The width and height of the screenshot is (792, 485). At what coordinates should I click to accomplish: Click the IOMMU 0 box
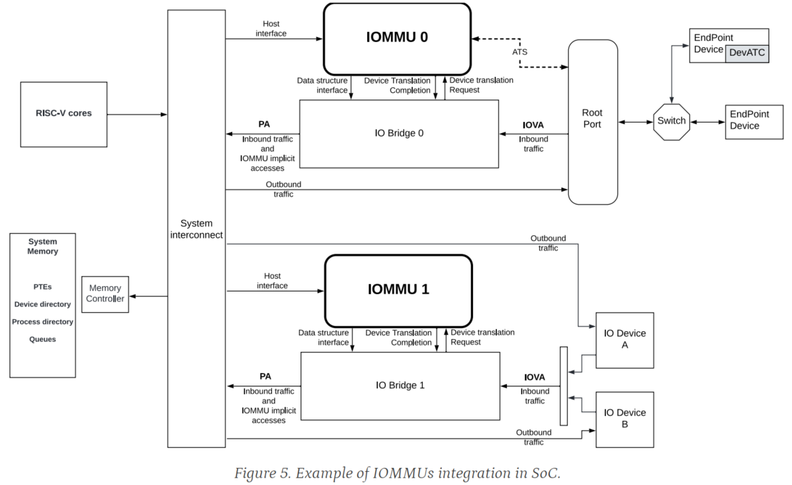click(397, 37)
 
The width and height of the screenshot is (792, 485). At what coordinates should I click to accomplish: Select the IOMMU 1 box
click(398, 290)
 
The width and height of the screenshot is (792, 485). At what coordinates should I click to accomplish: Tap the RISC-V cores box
click(64, 114)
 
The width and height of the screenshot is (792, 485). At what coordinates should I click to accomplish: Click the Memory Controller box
click(105, 294)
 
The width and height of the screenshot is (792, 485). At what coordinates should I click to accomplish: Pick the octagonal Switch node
click(671, 121)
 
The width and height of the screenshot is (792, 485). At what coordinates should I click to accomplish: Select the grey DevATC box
click(746, 53)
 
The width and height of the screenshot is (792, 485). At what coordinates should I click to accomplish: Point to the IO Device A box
click(624, 340)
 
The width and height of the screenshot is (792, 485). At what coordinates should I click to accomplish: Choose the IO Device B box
click(624, 419)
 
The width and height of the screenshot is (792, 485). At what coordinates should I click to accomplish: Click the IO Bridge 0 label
click(399, 133)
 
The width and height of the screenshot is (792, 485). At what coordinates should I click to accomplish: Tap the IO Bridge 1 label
click(400, 385)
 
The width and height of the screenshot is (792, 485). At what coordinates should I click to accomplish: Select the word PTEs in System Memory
click(42, 287)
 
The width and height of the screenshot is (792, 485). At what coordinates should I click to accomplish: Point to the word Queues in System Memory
click(42, 339)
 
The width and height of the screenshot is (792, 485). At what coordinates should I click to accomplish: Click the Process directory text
click(42, 322)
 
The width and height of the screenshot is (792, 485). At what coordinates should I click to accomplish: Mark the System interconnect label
click(196, 229)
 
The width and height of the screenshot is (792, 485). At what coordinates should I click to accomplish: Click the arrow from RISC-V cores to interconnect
click(137, 115)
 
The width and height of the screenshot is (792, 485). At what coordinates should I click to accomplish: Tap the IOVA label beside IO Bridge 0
click(533, 124)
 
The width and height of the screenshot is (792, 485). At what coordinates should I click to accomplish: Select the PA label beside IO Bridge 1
click(265, 376)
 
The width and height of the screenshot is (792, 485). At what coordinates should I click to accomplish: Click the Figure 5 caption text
click(397, 473)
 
